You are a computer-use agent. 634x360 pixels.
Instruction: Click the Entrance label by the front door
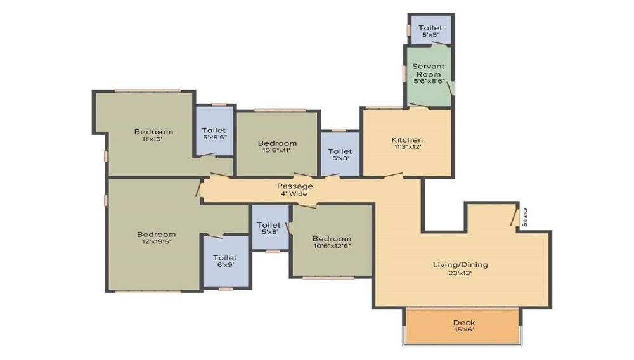tap(525, 217)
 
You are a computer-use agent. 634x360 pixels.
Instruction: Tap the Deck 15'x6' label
tap(464, 326)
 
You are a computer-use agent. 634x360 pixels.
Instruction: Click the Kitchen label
tap(407, 140)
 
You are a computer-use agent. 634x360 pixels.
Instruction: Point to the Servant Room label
tap(429, 70)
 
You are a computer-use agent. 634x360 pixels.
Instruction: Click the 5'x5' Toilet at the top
tap(430, 31)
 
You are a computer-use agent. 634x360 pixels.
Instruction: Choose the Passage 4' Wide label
tap(295, 190)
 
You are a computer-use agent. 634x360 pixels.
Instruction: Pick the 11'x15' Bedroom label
tap(153, 135)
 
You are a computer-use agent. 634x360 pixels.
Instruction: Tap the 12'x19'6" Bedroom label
tap(157, 238)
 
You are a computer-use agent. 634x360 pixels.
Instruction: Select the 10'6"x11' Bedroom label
tap(277, 146)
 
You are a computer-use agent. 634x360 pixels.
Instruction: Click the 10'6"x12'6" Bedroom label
tap(332, 241)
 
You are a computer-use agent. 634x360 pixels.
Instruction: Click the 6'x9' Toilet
tap(225, 261)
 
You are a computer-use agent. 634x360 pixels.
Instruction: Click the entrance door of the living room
tap(514, 218)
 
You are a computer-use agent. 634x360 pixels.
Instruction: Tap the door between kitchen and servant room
tap(419, 106)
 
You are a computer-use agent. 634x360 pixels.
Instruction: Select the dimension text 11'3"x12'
tap(408, 147)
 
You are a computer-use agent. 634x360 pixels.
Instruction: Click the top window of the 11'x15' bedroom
tap(148, 91)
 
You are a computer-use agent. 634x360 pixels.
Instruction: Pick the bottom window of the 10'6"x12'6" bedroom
tap(328, 278)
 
